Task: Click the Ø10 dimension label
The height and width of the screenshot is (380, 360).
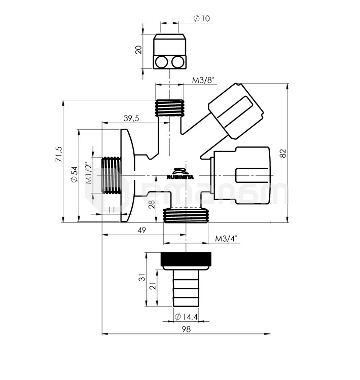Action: tap(201, 19)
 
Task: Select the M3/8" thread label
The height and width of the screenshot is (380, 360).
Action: tap(203, 81)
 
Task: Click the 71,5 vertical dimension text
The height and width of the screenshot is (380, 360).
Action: tap(59, 154)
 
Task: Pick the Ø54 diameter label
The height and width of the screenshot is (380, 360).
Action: tap(74, 175)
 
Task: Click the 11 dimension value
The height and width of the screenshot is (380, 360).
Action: tap(112, 209)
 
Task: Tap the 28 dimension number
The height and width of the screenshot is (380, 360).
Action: tap(152, 205)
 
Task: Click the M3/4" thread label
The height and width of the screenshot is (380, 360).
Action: tap(226, 238)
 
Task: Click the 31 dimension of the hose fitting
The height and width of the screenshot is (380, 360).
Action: tap(142, 278)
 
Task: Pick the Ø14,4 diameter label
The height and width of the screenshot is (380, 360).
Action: tap(186, 317)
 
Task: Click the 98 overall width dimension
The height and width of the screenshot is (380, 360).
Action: tap(186, 329)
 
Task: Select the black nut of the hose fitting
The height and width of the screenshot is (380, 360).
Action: tap(186, 259)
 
